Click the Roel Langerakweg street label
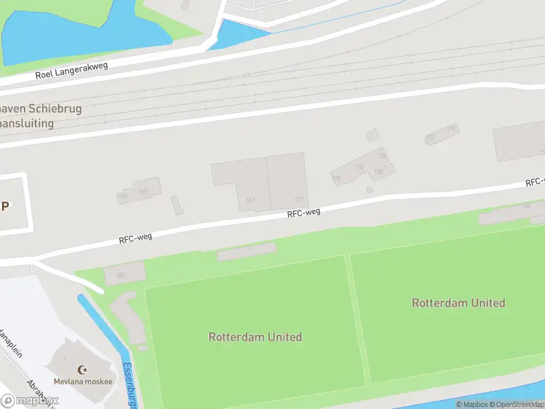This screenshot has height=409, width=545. click(x=72, y=70)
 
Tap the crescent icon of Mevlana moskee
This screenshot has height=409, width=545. click(x=83, y=369)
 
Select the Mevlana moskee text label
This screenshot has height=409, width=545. click(x=83, y=381)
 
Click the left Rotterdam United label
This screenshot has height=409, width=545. click(x=255, y=337)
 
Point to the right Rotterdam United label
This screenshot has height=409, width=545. click(x=458, y=303)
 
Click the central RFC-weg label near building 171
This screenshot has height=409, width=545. click(x=304, y=213)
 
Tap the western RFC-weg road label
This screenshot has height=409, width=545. click(x=135, y=237)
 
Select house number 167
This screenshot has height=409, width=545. click(x=250, y=200)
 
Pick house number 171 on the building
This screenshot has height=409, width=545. click(x=298, y=200)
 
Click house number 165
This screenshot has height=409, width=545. click(x=143, y=192)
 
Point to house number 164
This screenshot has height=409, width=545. click(x=123, y=196)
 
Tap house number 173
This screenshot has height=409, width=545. click(x=382, y=156)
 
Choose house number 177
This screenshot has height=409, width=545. click(x=430, y=138)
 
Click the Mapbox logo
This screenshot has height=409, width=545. click(x=29, y=401)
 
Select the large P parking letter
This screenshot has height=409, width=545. click(x=5, y=206)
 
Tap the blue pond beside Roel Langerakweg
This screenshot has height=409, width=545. click(x=68, y=31)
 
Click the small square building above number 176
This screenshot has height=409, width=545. click(x=372, y=135)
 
